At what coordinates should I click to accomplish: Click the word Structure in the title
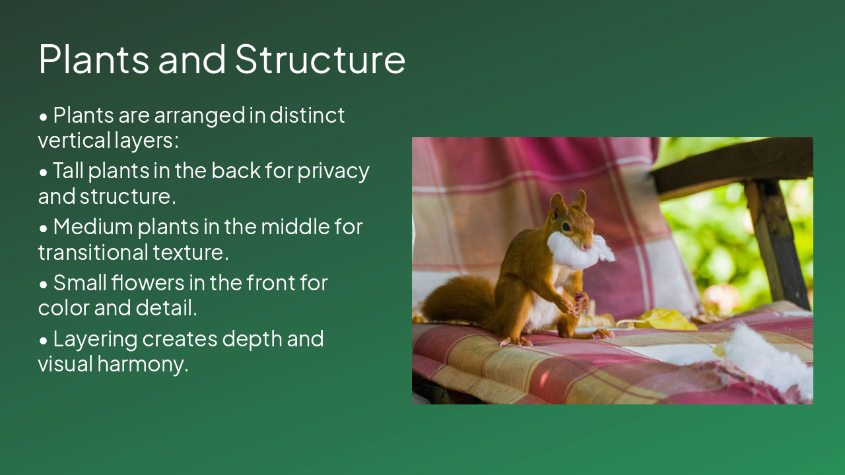coord(320,59)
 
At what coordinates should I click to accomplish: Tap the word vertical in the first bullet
coord(73,141)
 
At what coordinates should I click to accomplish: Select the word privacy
coord(333,171)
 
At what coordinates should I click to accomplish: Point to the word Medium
coord(92,227)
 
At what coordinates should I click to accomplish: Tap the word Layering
coord(95,339)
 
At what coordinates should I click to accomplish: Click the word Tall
coord(68,171)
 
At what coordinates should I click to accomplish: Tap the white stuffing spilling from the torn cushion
coord(769,356)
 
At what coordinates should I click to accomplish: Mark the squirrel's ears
coord(569,199)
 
